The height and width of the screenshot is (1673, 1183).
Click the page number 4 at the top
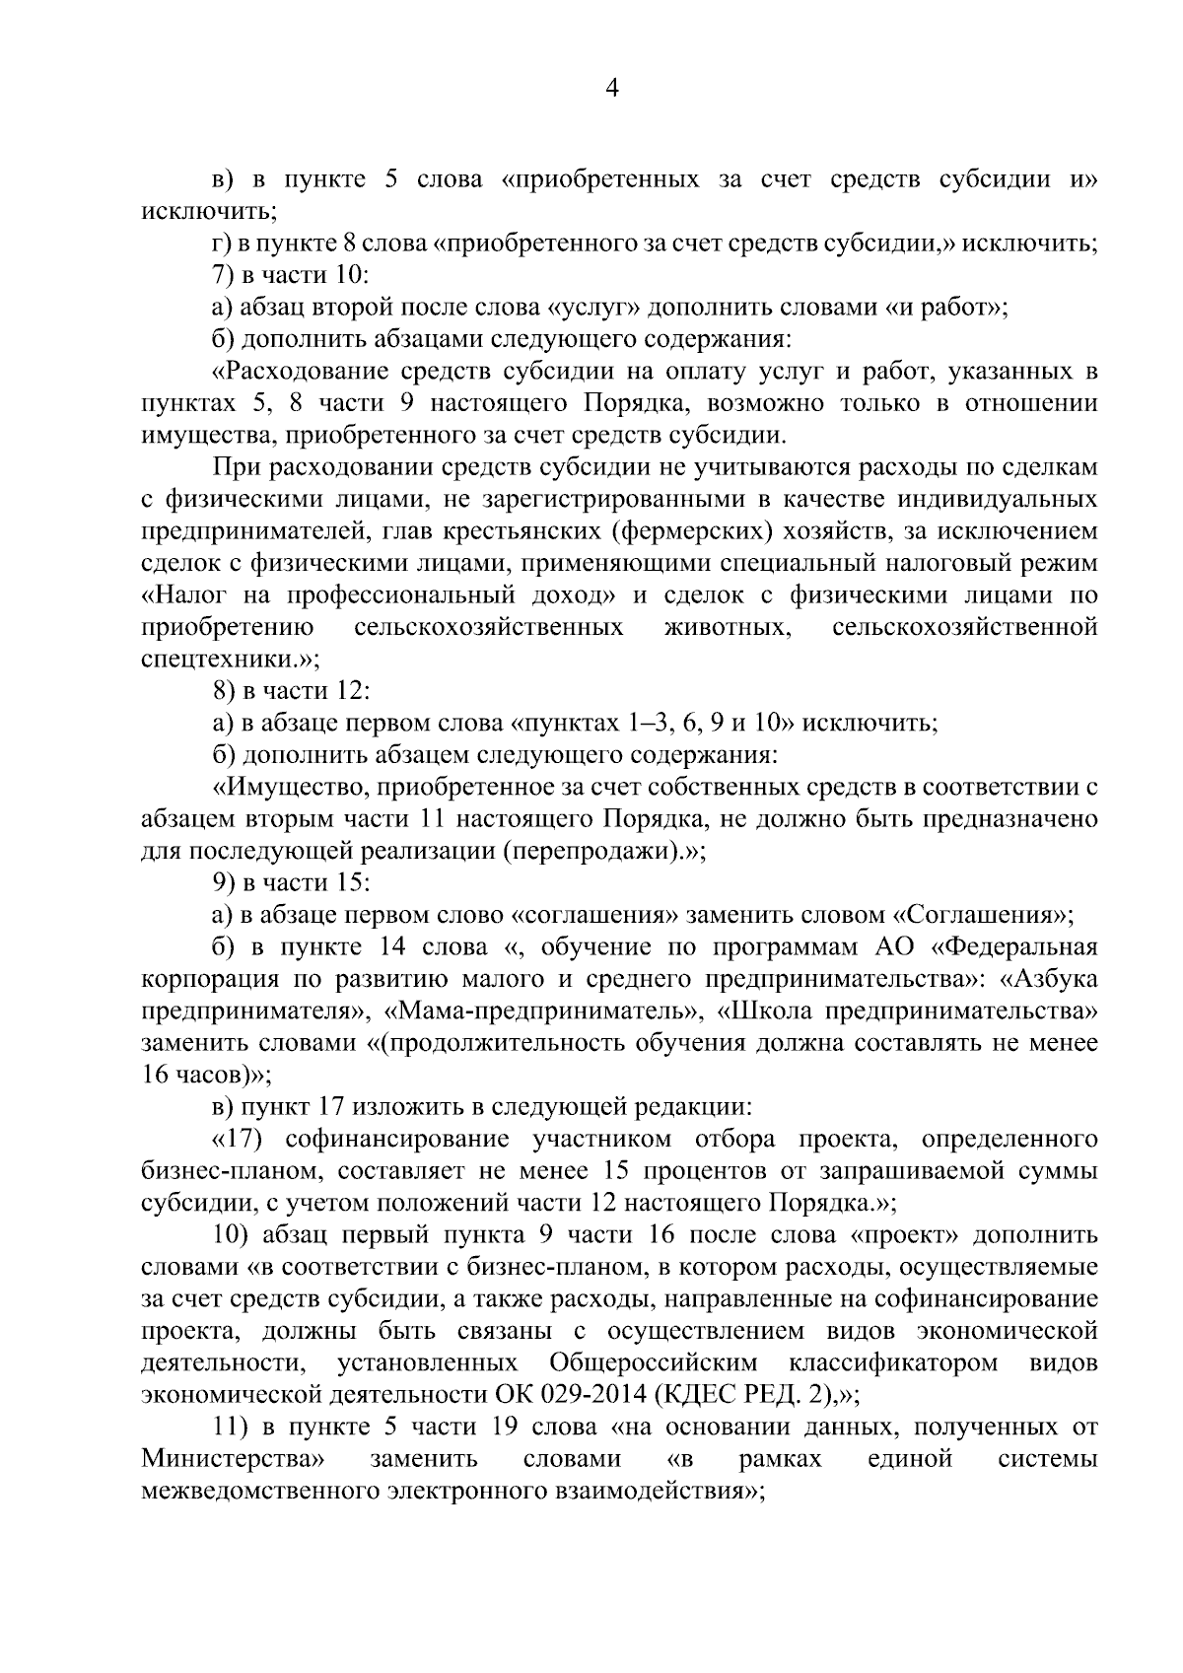pos(611,90)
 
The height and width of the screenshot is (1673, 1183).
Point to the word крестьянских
pos(527,531)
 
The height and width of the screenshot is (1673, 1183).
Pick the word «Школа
pos(764,1011)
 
